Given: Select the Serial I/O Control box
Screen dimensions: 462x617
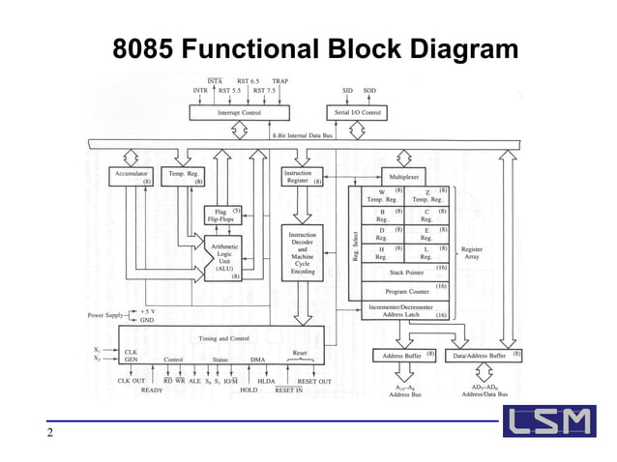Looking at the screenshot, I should pyautogui.click(x=356, y=113).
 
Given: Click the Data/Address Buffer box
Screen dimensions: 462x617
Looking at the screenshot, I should pyautogui.click(x=487, y=356).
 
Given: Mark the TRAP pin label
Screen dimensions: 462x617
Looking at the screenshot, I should pyautogui.click(x=280, y=81).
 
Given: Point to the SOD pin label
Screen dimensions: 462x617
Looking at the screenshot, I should pyautogui.click(x=369, y=90).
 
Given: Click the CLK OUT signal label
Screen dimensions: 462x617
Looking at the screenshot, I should pyautogui.click(x=131, y=381).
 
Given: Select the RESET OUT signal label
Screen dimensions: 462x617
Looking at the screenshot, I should pyautogui.click(x=312, y=381).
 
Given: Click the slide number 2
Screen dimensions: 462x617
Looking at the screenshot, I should pyautogui.click(x=49, y=432).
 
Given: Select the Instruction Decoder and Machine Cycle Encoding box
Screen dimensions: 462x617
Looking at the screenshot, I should pyautogui.click(x=303, y=253).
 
